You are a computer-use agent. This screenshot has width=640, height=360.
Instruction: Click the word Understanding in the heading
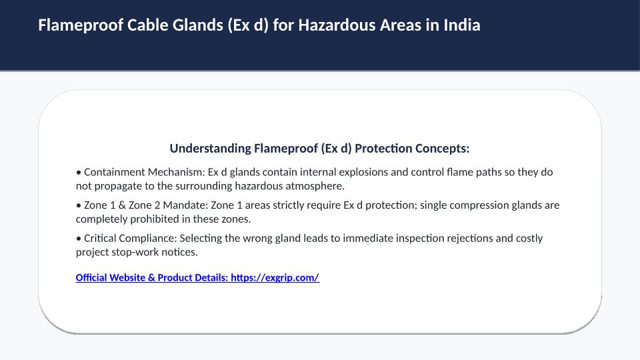coord(210,149)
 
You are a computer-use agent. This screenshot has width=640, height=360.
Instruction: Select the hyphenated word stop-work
coord(135,252)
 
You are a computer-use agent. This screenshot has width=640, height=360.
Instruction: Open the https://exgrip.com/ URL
coord(275,278)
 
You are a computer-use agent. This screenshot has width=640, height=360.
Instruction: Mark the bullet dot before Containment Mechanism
coord(79,173)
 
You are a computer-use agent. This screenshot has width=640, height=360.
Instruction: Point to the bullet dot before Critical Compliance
coord(79,239)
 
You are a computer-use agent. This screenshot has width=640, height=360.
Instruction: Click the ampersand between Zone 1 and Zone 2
coord(122,205)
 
